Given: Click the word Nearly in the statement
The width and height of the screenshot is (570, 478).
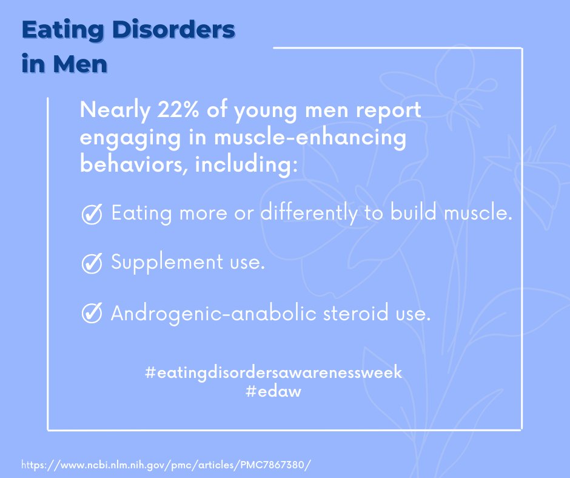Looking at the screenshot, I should point(109,112).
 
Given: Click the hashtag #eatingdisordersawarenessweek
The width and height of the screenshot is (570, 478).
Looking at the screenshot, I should point(273,372).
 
